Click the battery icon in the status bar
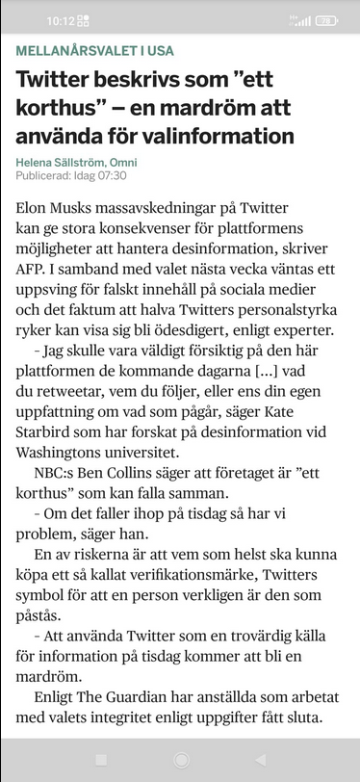326,20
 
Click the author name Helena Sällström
61,162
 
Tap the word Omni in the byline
122,162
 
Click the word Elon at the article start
34,207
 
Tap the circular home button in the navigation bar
180,760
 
